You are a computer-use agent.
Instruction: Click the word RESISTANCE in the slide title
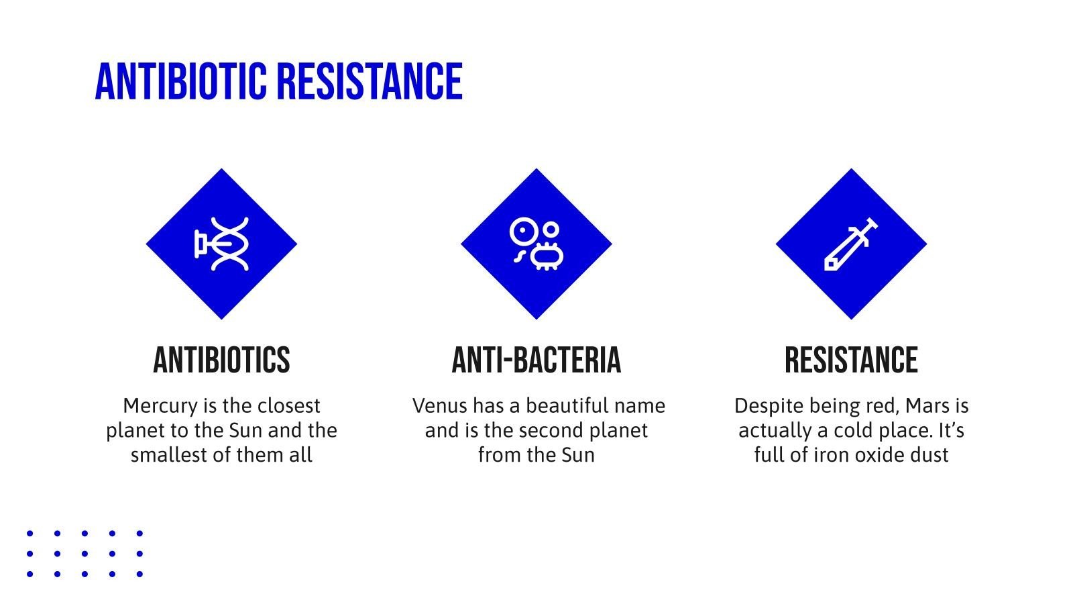tap(370, 81)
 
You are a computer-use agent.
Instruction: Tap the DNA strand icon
tap(222, 244)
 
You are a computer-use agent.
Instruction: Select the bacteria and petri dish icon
tap(536, 244)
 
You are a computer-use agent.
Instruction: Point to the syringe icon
tap(851, 244)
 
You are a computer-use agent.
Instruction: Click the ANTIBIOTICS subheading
tap(222, 360)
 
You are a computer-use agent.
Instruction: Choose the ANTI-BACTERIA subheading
tap(536, 360)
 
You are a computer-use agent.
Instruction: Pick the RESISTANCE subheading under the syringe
tap(851, 360)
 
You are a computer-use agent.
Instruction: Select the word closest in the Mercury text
tap(288, 406)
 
